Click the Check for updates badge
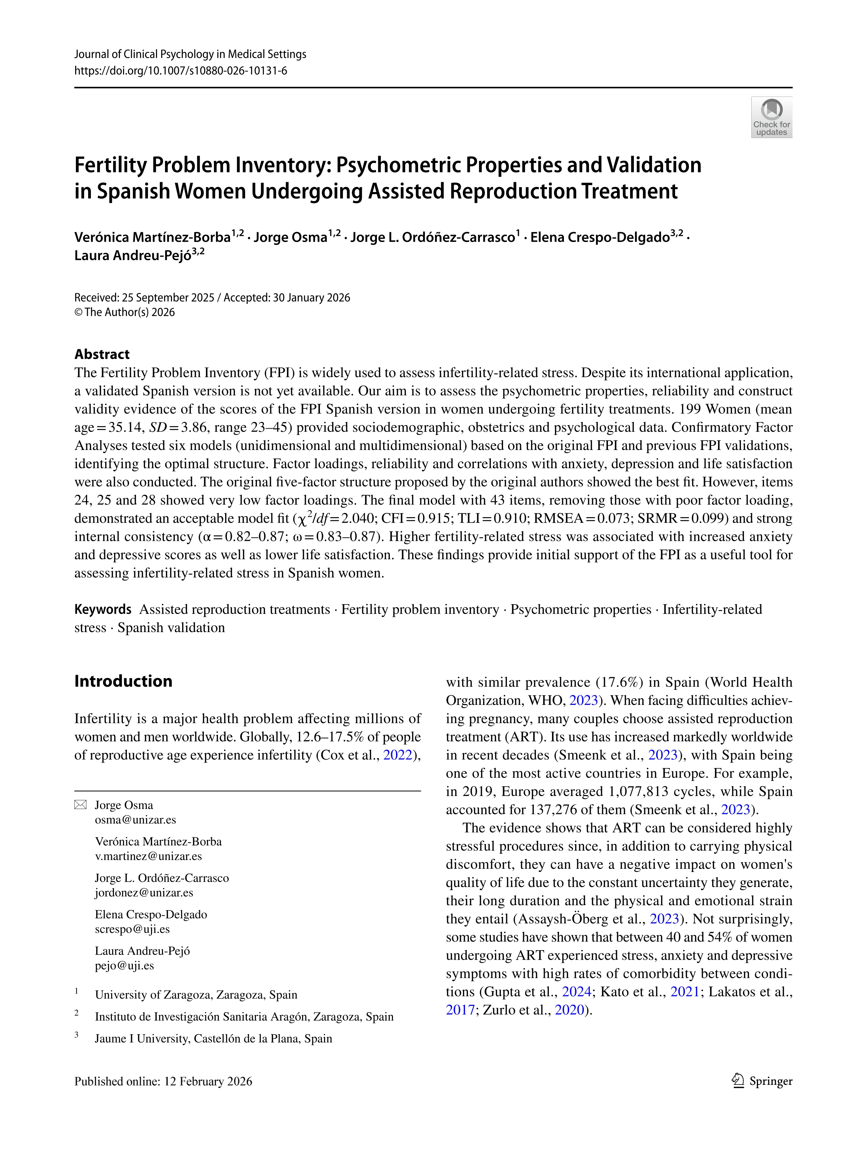click(x=771, y=117)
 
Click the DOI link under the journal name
click(x=181, y=71)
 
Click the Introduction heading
click(x=123, y=681)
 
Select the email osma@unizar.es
click(x=135, y=820)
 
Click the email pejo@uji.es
click(x=124, y=966)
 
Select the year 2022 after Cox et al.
click(x=398, y=755)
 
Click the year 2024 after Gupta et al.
click(x=576, y=992)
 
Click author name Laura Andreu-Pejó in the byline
click(x=133, y=256)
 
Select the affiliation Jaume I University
click(x=213, y=1038)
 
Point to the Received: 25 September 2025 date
click(x=144, y=298)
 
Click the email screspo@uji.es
click(x=132, y=929)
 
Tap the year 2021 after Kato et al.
click(x=685, y=992)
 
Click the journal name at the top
click(x=190, y=54)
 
